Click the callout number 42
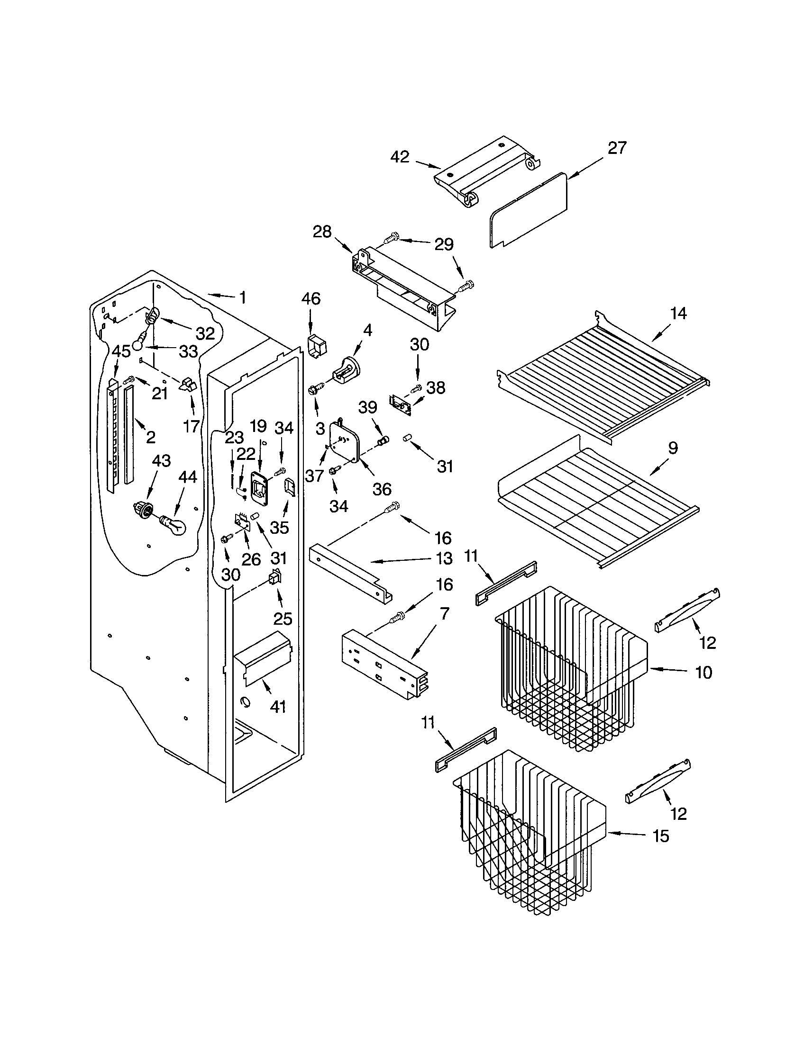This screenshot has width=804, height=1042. coord(400,157)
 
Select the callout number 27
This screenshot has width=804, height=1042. coord(616,148)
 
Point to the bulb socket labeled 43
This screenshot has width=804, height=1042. coord(143,510)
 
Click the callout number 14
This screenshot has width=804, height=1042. coord(678,314)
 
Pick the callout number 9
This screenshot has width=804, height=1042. coord(672,448)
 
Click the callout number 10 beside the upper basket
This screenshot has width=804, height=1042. coord(703,672)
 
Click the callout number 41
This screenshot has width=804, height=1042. coord(277,706)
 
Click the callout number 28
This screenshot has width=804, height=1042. coord(322,232)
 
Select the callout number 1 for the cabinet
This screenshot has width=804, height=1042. coord(243,298)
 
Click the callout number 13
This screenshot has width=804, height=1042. coord(444,558)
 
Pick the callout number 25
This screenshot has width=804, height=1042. coord(283,619)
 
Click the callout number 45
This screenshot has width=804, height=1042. coord(121,351)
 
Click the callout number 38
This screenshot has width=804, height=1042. coord(435,387)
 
